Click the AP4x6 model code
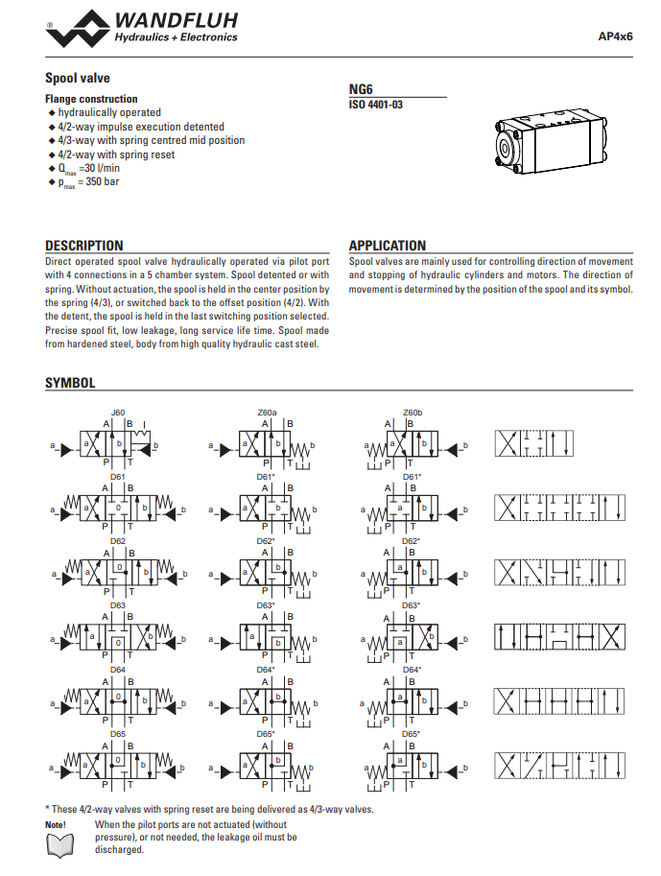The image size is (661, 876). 615,36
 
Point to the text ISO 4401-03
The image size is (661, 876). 376,104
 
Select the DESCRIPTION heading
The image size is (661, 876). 84,246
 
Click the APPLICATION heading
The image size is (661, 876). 388,246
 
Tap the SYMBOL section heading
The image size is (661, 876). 70,383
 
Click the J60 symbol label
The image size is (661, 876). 118,413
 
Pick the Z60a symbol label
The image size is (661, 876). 267,413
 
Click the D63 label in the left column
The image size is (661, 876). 118,605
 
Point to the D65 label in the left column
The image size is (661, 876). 118,734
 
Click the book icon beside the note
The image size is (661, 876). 60,844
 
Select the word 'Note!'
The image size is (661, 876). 56,824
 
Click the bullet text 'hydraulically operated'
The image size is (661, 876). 109,112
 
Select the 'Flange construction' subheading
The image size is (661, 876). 91,99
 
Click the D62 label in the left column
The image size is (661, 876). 118,541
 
